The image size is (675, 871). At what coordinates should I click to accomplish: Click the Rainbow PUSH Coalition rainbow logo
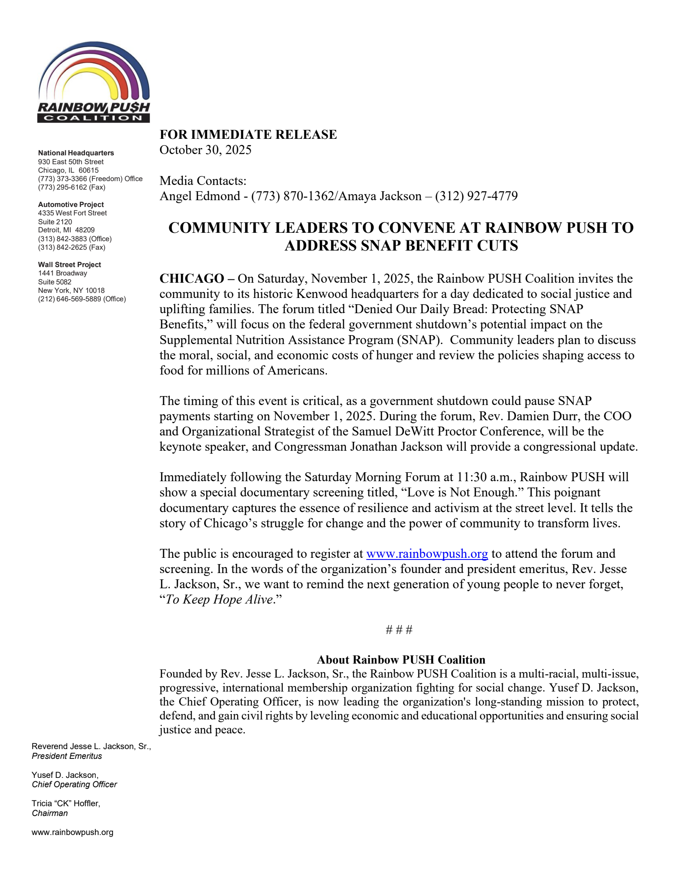[94, 82]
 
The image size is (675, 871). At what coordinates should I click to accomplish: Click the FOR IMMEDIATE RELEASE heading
[248, 135]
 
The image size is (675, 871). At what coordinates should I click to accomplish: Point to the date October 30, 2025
[205, 150]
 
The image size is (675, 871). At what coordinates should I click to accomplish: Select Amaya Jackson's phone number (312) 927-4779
[476, 196]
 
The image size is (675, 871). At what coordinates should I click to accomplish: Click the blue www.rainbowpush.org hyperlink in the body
[426, 554]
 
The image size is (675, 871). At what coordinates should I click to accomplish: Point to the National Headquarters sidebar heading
[76, 153]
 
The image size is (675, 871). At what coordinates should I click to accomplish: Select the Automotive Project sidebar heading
[71, 204]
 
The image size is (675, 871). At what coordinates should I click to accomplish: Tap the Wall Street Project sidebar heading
[69, 265]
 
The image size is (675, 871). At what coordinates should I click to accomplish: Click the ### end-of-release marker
[399, 630]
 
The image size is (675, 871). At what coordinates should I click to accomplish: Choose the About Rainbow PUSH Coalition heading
[401, 660]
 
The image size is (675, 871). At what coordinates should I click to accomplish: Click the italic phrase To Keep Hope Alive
[219, 600]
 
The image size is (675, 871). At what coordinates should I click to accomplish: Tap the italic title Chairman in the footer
[50, 813]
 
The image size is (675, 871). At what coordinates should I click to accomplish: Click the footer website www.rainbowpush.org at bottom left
[72, 832]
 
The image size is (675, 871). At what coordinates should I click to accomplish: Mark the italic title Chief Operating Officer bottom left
[74, 784]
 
